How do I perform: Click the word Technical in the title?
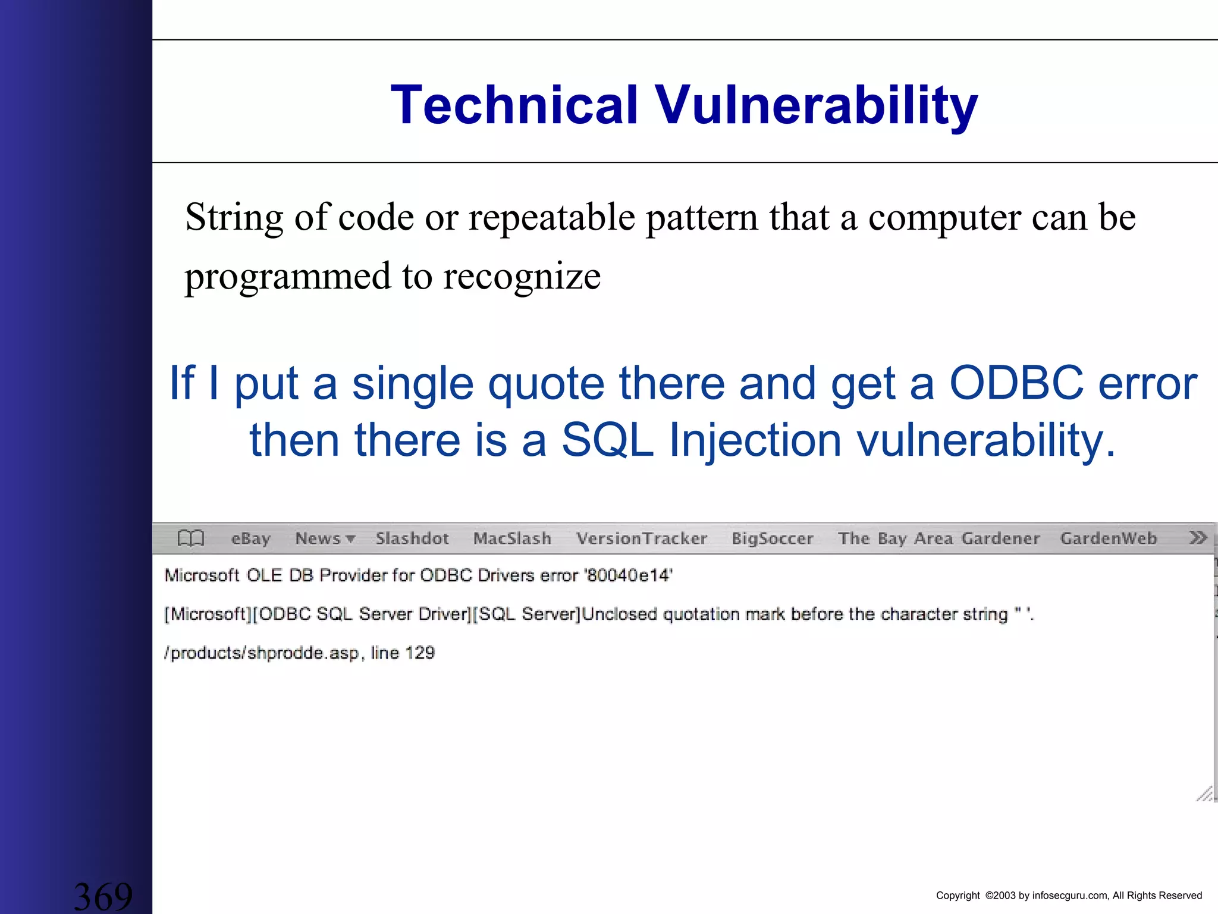pos(514,105)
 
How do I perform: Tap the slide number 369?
pos(103,896)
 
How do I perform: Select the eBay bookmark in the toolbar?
pos(250,539)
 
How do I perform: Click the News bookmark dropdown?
pos(325,539)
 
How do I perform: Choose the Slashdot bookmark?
pos(412,539)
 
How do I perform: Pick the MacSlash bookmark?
pos(512,539)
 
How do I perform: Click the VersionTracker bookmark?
pos(642,539)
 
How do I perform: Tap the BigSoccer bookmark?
pos(772,539)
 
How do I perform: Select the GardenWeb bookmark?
pos(1109,539)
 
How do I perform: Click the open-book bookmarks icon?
pos(191,538)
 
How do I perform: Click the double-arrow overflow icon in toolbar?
pos(1198,538)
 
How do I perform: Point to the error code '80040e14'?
pos(629,575)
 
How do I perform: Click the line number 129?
pos(420,653)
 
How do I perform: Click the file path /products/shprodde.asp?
pos(262,653)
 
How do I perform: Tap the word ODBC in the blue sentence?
pos(1016,383)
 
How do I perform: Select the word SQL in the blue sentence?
pos(607,440)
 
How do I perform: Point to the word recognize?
pos(522,276)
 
